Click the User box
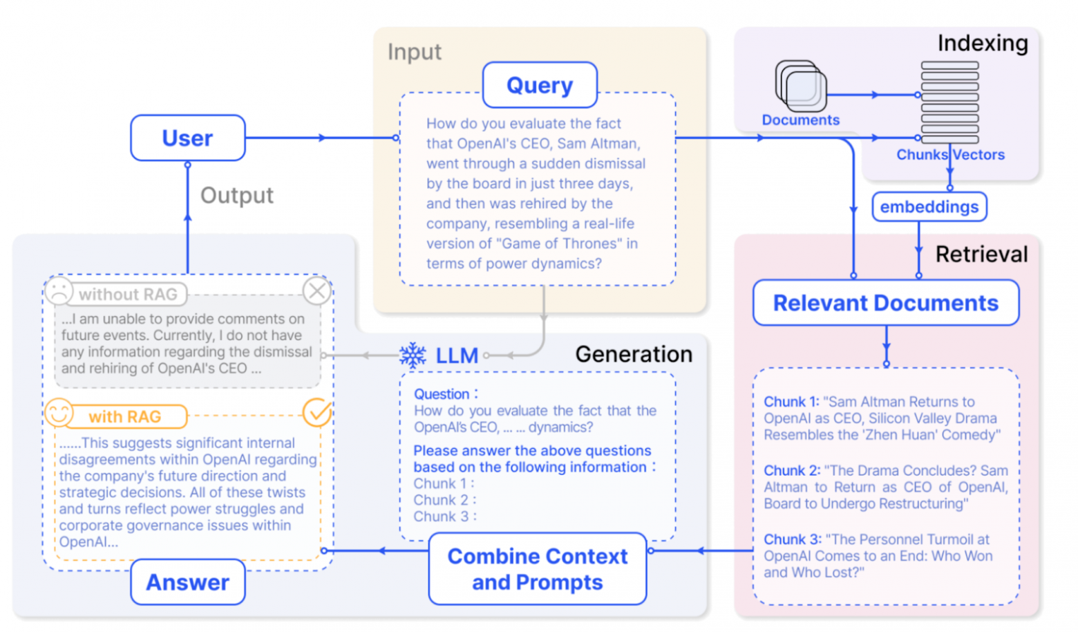tap(187, 138)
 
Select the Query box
tap(539, 85)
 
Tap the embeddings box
tap(929, 207)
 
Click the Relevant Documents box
tap(885, 303)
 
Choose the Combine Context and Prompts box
tap(537, 569)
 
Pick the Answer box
tap(187, 582)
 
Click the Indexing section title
tap(982, 43)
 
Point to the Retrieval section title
tap(981, 254)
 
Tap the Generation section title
tap(633, 354)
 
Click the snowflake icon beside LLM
tap(413, 355)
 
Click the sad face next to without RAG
tap(59, 291)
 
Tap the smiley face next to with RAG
tap(59, 413)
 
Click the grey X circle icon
tap(317, 291)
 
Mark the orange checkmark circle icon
tap(317, 413)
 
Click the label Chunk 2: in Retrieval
tap(791, 470)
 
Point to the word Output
tap(236, 196)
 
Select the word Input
tap(414, 52)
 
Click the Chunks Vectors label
tap(950, 155)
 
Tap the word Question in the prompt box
tap(442, 394)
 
